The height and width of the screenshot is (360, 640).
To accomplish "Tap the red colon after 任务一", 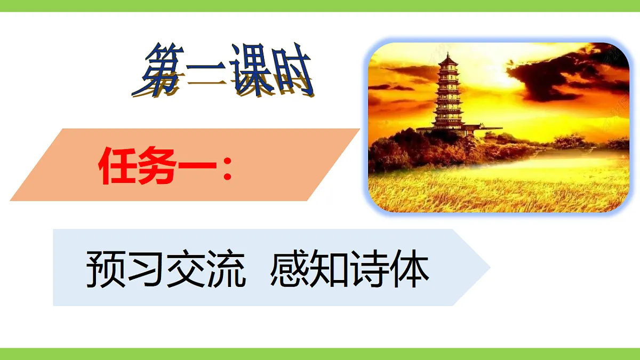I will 228,170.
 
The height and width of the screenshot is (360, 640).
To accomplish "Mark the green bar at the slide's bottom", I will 320,354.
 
